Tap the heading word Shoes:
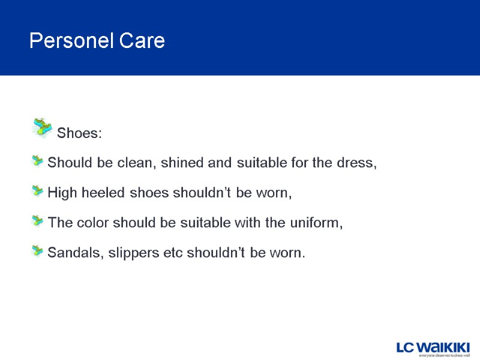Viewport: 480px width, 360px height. pos(79,133)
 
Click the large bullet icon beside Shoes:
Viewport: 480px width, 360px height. pos(42,127)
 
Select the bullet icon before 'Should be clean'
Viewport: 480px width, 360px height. pos(38,161)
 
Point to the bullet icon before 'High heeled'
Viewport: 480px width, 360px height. pos(38,191)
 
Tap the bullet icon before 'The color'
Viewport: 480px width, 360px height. pos(38,221)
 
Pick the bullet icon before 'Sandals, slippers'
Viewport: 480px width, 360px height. pos(38,251)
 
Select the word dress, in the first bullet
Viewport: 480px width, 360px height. pos(358,163)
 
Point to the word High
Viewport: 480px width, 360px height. pos(61,193)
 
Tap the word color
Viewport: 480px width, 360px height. pos(91,223)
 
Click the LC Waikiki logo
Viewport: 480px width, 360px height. pos(432,346)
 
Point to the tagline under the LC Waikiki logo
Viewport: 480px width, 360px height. pos(443,355)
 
